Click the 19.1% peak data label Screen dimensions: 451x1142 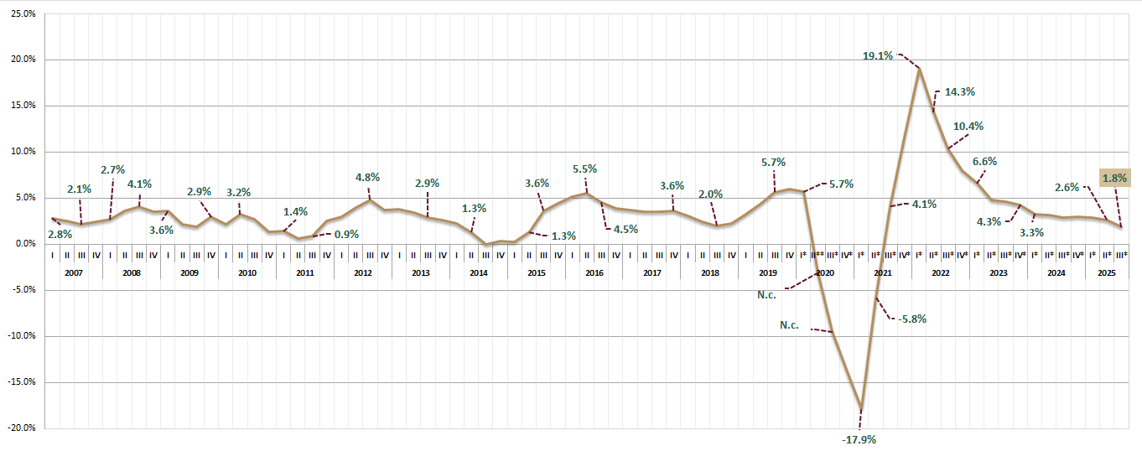click(878, 56)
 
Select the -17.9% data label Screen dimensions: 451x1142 click(859, 439)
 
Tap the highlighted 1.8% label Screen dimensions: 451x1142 click(1114, 178)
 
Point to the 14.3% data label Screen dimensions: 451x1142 click(960, 92)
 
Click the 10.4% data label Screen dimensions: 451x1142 click(968, 127)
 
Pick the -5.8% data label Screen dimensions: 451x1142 click(912, 319)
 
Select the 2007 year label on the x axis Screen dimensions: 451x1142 click(75, 273)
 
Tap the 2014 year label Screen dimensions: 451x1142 click(479, 273)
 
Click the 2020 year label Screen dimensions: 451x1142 click(825, 273)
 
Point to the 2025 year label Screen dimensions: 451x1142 click(1106, 273)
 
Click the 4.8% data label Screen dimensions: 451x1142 click(367, 178)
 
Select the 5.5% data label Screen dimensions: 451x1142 click(584, 169)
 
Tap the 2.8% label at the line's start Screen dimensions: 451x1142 click(60, 235)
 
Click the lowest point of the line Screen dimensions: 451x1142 click(861, 408)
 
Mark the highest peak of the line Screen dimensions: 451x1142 click(920, 68)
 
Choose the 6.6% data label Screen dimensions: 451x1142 click(984, 161)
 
